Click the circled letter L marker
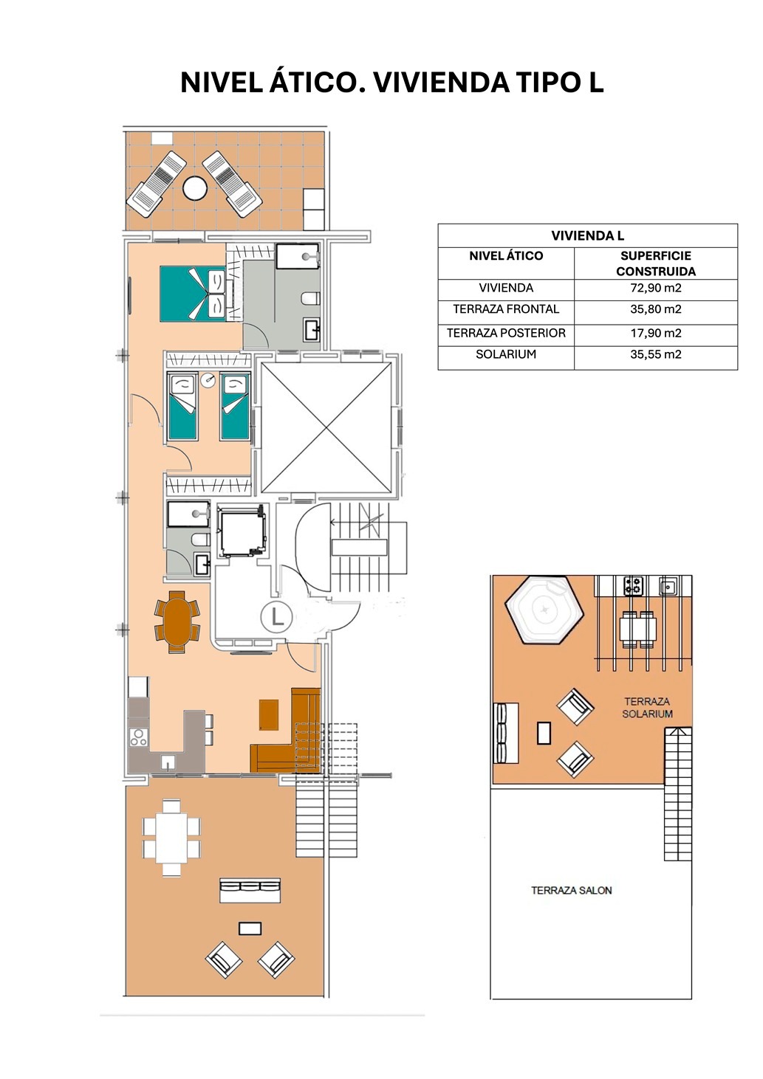coord(277,616)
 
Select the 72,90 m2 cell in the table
coord(655,288)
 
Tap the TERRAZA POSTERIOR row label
coord(506,333)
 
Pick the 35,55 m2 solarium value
coord(655,354)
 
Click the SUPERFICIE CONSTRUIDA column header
coord(655,263)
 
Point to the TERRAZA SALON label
coord(572,890)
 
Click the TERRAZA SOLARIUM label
coord(647,708)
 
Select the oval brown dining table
coord(177,621)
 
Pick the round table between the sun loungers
coord(195,188)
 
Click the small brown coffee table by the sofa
coord(269,715)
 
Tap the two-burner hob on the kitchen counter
coord(139,737)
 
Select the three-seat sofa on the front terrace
coord(250,891)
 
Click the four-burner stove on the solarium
coord(633,586)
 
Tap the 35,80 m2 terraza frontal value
coord(655,309)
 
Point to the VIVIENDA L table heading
coord(587,235)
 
